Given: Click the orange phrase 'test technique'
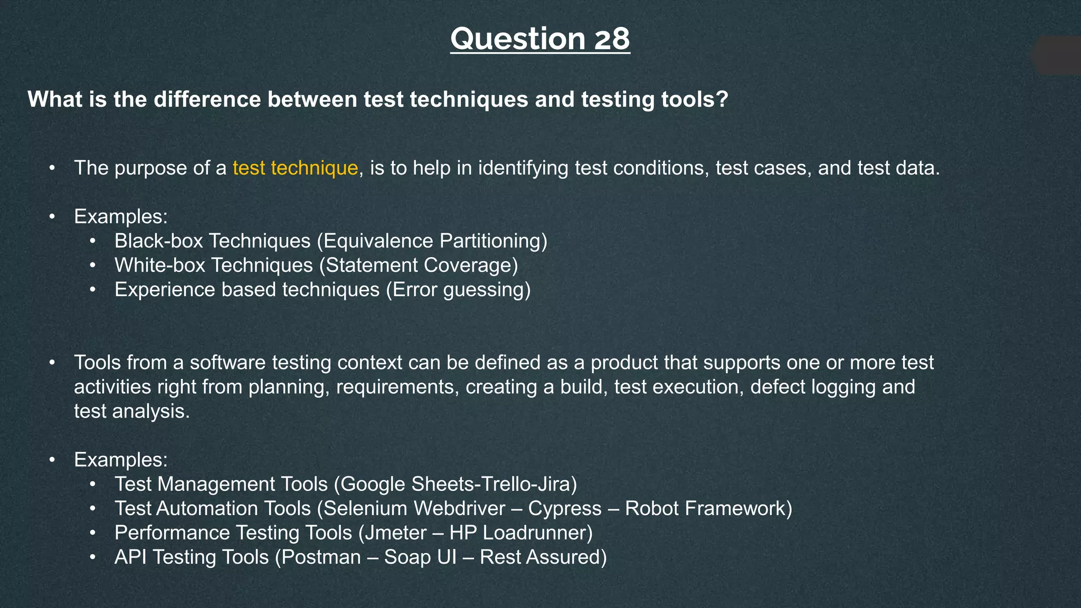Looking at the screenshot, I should pyautogui.click(x=295, y=168).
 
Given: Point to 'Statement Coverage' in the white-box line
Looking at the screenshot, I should pyautogui.click(x=419, y=265).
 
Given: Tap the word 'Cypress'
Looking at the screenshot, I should pyautogui.click(x=564, y=508).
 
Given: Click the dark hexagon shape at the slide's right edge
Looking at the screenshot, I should pyautogui.click(x=1058, y=55).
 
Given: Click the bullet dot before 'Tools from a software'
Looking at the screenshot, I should pyautogui.click(x=52, y=363).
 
